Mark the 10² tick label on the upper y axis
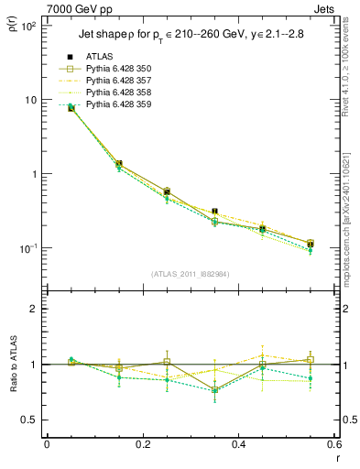(27, 26)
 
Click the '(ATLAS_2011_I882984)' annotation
(190, 274)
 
